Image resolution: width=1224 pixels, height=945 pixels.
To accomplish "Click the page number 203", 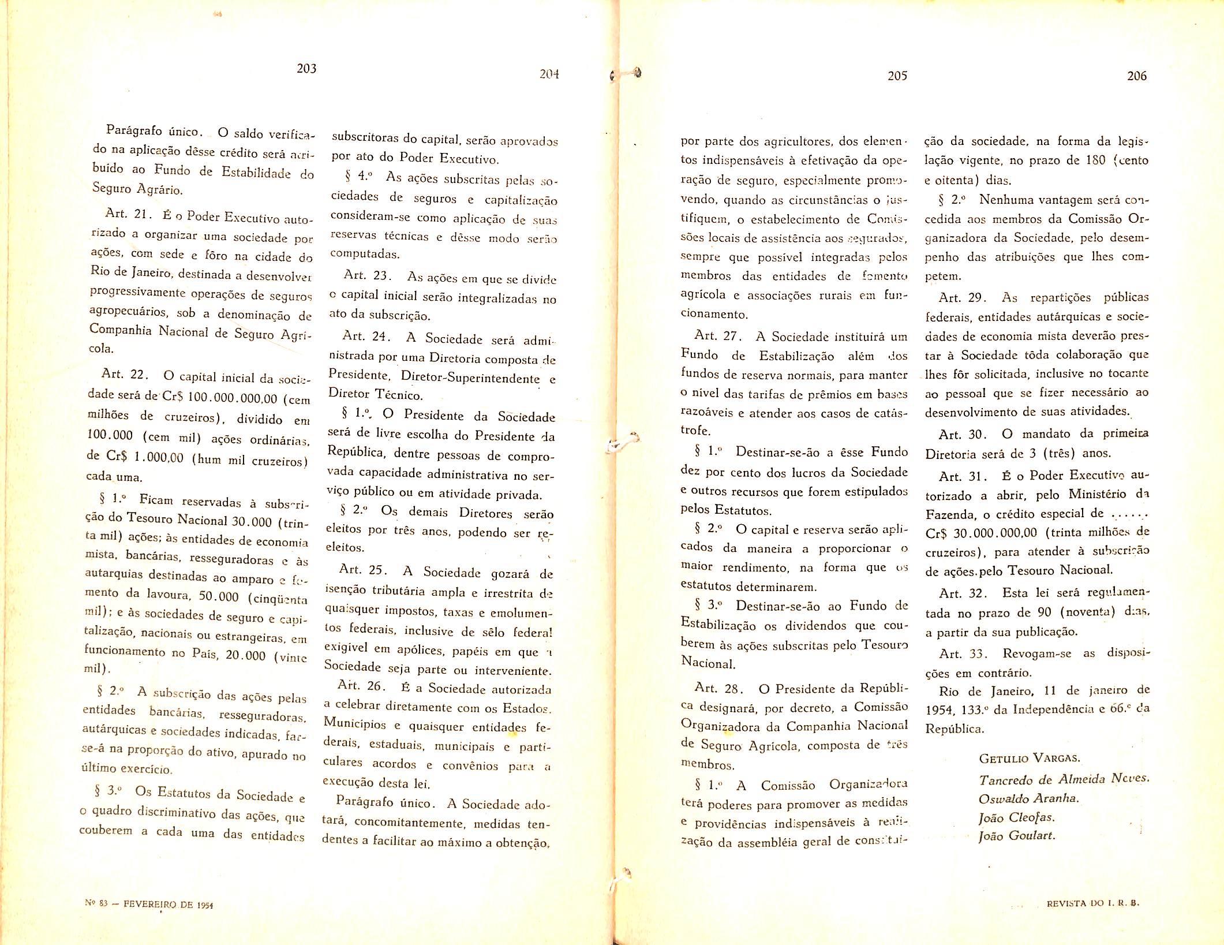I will pyautogui.click(x=306, y=69).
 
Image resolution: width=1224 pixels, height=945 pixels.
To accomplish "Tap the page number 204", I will pyautogui.click(x=549, y=74).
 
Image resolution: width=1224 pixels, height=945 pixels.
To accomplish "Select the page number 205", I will pyautogui.click(x=897, y=76).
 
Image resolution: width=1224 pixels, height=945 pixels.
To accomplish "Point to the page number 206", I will pyautogui.click(x=1136, y=76).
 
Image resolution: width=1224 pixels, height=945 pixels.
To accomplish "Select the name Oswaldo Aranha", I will pyautogui.click(x=1028, y=798).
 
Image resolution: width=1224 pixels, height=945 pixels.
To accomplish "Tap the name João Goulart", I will pyautogui.click(x=1017, y=835).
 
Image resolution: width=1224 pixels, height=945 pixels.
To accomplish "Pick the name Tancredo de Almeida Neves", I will pyautogui.click(x=1064, y=779).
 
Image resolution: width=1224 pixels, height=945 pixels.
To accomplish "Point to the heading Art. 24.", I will pyautogui.click(x=367, y=336).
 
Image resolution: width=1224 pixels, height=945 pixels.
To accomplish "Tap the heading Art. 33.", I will pyautogui.click(x=963, y=653).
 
